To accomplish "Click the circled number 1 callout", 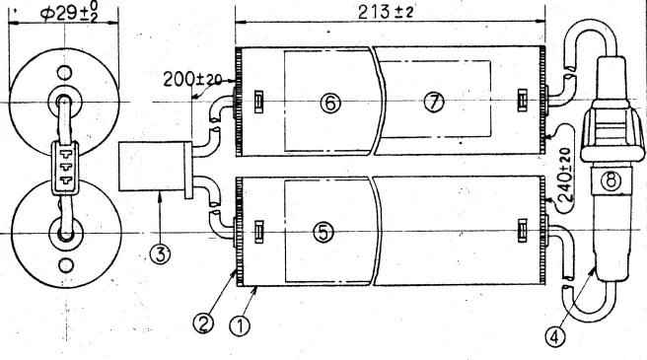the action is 240,326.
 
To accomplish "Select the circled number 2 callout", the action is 203,324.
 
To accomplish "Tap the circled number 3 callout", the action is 160,253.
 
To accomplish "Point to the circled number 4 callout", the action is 554,337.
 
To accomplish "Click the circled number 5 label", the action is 323,233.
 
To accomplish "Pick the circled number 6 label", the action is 330,103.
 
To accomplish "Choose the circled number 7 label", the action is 434,102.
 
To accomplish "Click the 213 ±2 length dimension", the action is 386,12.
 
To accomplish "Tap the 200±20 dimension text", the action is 192,79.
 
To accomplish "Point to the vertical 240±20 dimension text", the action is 566,175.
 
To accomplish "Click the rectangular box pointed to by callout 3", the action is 152,167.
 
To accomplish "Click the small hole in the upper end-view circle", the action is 64,73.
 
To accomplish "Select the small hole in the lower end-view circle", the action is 66,265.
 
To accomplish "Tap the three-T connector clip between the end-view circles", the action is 65,168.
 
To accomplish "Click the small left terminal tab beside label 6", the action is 258,102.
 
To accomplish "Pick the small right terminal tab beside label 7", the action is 522,101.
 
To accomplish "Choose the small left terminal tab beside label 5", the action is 258,232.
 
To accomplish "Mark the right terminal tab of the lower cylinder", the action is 522,231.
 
